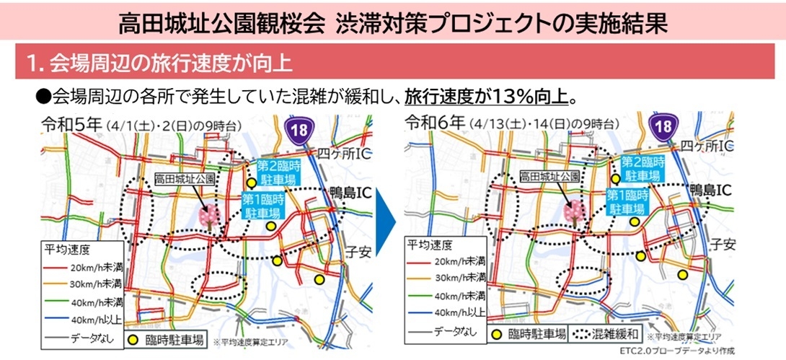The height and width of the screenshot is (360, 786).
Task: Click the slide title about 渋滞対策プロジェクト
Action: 392,23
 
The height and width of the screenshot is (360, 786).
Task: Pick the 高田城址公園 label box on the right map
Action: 550,176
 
